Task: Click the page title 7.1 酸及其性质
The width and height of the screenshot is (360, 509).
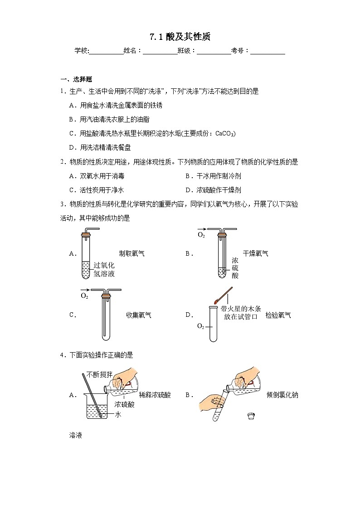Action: (x=180, y=37)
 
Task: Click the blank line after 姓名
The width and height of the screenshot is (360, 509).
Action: (x=160, y=51)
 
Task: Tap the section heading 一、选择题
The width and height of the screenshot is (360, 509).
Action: (x=77, y=79)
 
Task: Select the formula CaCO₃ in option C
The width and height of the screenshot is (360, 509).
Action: (x=225, y=133)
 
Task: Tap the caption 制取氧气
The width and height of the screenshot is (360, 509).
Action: (x=131, y=253)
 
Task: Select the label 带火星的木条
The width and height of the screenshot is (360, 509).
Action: (x=240, y=308)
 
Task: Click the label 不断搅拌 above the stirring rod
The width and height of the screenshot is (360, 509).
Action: (x=102, y=374)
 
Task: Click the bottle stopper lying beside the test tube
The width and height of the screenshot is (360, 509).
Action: (x=250, y=415)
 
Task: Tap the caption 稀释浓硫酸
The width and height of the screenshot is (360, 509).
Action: (x=155, y=395)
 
